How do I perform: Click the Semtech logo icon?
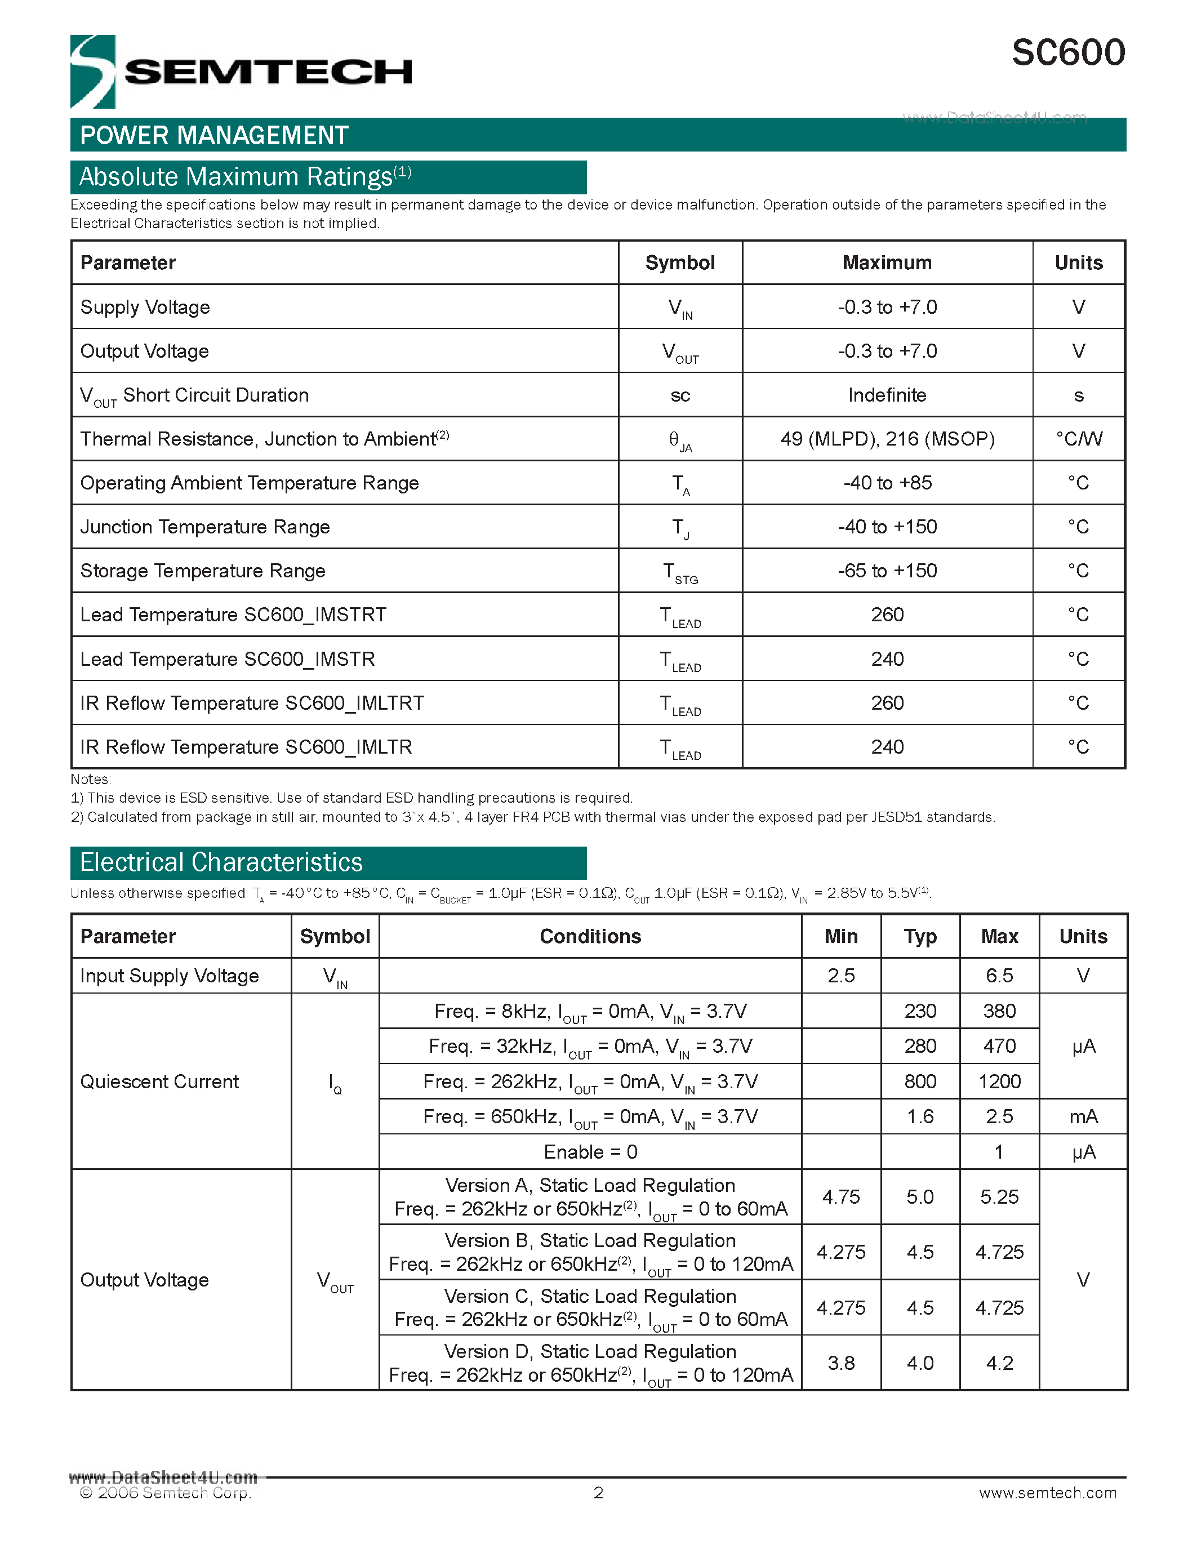92,72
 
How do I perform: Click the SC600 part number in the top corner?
1067,53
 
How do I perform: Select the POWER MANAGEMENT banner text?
214,135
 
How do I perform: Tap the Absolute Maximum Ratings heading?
244,177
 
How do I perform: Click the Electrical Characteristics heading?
221,862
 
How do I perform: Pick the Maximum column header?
887,263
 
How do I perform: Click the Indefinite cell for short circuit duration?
887,395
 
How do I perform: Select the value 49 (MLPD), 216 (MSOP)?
887,439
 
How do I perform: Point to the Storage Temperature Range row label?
203,571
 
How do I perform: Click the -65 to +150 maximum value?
887,571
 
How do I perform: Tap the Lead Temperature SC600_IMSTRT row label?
233,615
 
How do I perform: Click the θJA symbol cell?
679,440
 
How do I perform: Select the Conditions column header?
590,936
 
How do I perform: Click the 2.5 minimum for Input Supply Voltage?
841,976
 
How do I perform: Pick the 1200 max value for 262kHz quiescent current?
999,1081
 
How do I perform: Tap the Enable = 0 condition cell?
590,1152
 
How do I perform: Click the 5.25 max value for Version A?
999,1197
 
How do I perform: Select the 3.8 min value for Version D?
841,1363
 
